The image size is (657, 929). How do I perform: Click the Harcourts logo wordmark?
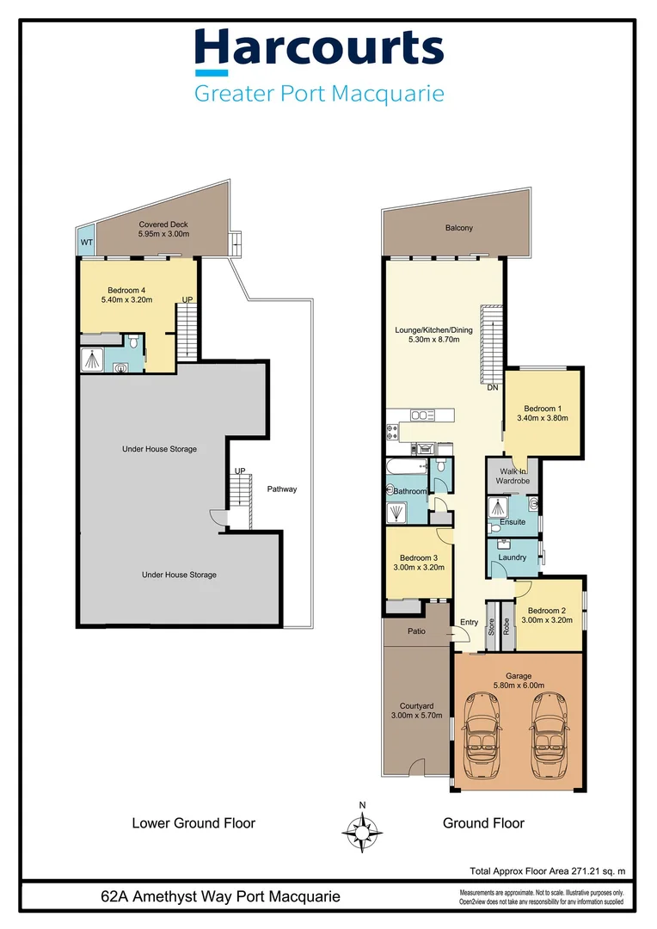point(319,50)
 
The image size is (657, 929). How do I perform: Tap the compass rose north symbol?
point(363,830)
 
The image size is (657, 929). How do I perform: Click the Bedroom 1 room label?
point(542,408)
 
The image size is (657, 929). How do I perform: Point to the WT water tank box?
point(86,243)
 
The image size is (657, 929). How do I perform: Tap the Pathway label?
point(281,489)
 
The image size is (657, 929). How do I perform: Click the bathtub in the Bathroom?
point(405,467)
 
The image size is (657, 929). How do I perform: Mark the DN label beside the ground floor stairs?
point(492,388)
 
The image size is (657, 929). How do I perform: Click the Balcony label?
point(459,228)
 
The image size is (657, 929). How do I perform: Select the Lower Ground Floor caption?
point(193,823)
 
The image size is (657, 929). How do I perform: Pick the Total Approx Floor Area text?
point(546,871)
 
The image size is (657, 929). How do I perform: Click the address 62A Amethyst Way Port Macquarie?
point(220,897)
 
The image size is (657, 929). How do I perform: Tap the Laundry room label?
point(513,558)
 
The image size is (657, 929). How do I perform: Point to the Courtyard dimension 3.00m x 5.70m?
point(416,715)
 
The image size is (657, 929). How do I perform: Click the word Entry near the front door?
point(469,623)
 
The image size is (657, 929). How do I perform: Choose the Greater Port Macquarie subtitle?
point(319,94)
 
